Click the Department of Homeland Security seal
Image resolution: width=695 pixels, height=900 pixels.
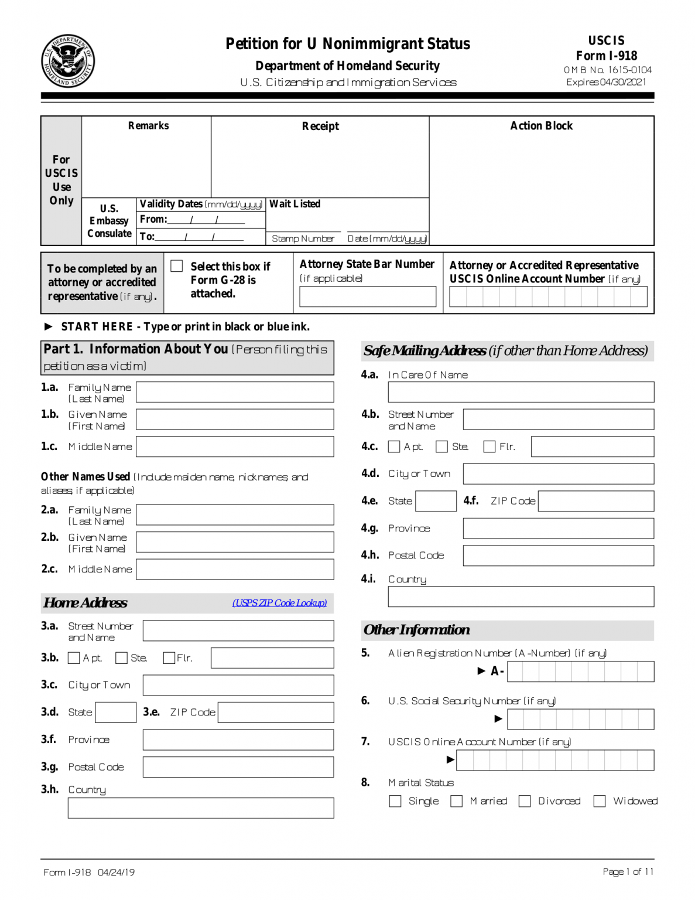pyautogui.click(x=68, y=61)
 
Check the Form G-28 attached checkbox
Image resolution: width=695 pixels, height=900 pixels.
pyautogui.click(x=177, y=266)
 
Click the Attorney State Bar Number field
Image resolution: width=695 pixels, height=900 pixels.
pyautogui.click(x=368, y=296)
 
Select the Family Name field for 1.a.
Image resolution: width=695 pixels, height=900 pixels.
pyautogui.click(x=235, y=392)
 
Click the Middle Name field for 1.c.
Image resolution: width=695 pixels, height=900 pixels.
pyautogui.click(x=235, y=446)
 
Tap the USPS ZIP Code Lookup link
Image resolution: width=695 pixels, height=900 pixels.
pyautogui.click(x=279, y=603)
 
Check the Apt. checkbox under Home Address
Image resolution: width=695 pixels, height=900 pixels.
pyautogui.click(x=74, y=658)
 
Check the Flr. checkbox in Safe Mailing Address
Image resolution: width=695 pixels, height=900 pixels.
pyautogui.click(x=489, y=446)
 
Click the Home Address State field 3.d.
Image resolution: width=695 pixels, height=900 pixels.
pyautogui.click(x=115, y=712)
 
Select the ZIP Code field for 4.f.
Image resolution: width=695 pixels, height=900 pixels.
pyautogui.click(x=595, y=501)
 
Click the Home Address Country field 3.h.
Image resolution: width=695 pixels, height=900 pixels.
pyautogui.click(x=201, y=808)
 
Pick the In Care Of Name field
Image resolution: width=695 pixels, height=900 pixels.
pyautogui.click(x=521, y=392)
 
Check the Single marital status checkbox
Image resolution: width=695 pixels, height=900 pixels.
pyautogui.click(x=395, y=801)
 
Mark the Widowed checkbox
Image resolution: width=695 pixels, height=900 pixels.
pyautogui.click(x=600, y=801)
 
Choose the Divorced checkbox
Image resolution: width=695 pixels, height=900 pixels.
pyautogui.click(x=525, y=801)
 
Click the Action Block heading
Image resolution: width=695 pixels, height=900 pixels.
pyautogui.click(x=541, y=126)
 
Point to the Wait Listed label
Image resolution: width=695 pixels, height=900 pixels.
pyautogui.click(x=295, y=204)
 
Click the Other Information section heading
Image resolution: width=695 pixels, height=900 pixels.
pyautogui.click(x=416, y=630)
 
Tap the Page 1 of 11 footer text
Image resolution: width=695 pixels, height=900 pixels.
pyautogui.click(x=628, y=872)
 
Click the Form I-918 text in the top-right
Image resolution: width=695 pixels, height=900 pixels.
pyautogui.click(x=606, y=56)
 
